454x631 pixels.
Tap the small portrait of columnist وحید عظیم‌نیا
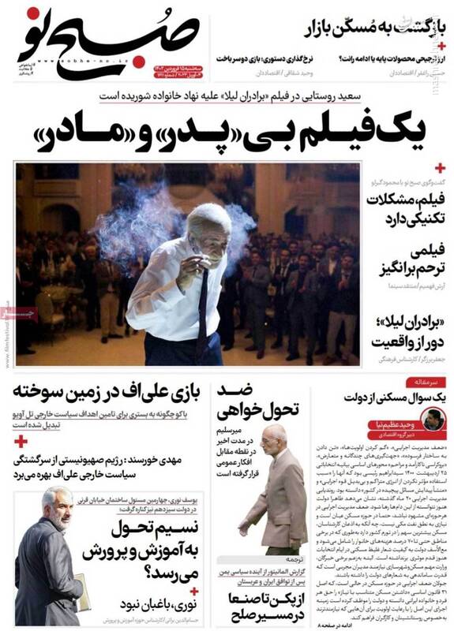pyautogui.click(x=432, y=420)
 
